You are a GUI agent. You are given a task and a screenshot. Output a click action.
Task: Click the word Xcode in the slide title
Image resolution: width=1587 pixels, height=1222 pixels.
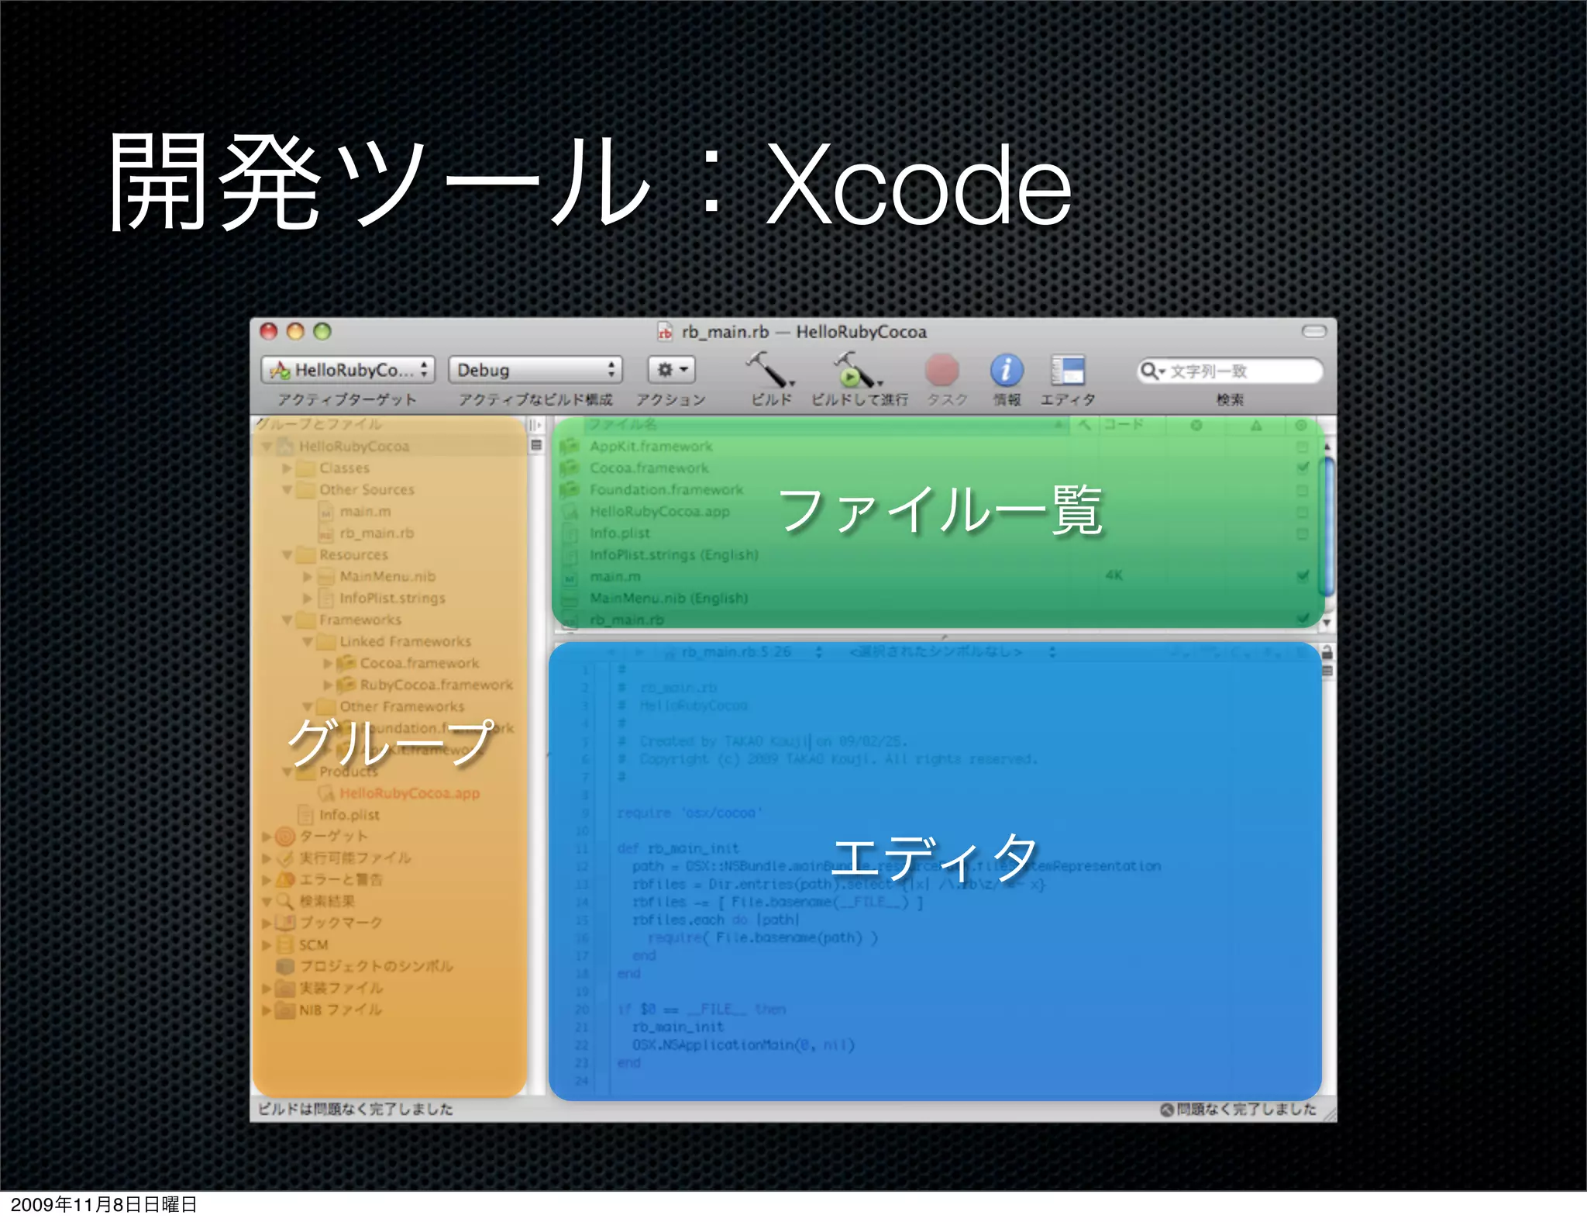coord(918,186)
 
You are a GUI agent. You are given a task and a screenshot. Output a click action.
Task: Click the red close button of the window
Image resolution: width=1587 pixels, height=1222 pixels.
coord(269,332)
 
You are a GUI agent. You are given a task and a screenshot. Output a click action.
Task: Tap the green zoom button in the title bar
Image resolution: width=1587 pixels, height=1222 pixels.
coord(322,332)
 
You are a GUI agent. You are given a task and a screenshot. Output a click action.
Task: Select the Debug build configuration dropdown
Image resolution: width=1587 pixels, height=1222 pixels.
coord(535,370)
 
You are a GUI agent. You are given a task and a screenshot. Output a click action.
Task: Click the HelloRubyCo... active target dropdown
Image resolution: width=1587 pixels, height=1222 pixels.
coord(348,370)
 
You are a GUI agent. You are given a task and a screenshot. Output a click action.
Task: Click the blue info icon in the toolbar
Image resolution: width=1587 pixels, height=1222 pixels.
coord(1006,371)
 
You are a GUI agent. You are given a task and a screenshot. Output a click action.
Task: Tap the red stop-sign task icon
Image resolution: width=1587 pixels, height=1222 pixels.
coord(942,371)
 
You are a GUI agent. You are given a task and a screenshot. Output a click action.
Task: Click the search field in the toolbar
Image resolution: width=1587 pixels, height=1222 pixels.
coord(1232,371)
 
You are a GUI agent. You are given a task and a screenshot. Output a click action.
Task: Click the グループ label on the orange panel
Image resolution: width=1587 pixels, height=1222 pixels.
coord(390,742)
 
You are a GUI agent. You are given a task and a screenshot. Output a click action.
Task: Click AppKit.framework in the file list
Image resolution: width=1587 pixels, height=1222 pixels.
coord(651,447)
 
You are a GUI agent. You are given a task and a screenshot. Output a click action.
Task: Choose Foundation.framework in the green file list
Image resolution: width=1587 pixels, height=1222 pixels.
coord(666,490)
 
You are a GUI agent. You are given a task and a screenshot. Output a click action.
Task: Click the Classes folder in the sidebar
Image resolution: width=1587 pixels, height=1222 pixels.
coord(344,468)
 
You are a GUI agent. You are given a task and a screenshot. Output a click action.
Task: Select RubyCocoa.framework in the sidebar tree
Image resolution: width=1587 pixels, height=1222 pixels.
coord(436,685)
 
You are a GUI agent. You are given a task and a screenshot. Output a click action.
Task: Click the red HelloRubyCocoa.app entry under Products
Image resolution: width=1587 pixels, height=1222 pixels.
coord(409,793)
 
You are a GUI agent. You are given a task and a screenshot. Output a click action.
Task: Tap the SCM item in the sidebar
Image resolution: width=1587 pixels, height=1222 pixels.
coord(314,945)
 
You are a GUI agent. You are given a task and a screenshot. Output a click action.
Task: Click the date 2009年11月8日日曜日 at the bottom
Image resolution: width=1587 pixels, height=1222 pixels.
coord(104,1204)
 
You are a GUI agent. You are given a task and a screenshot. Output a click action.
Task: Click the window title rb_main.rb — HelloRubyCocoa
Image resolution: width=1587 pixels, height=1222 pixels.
coord(803,332)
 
